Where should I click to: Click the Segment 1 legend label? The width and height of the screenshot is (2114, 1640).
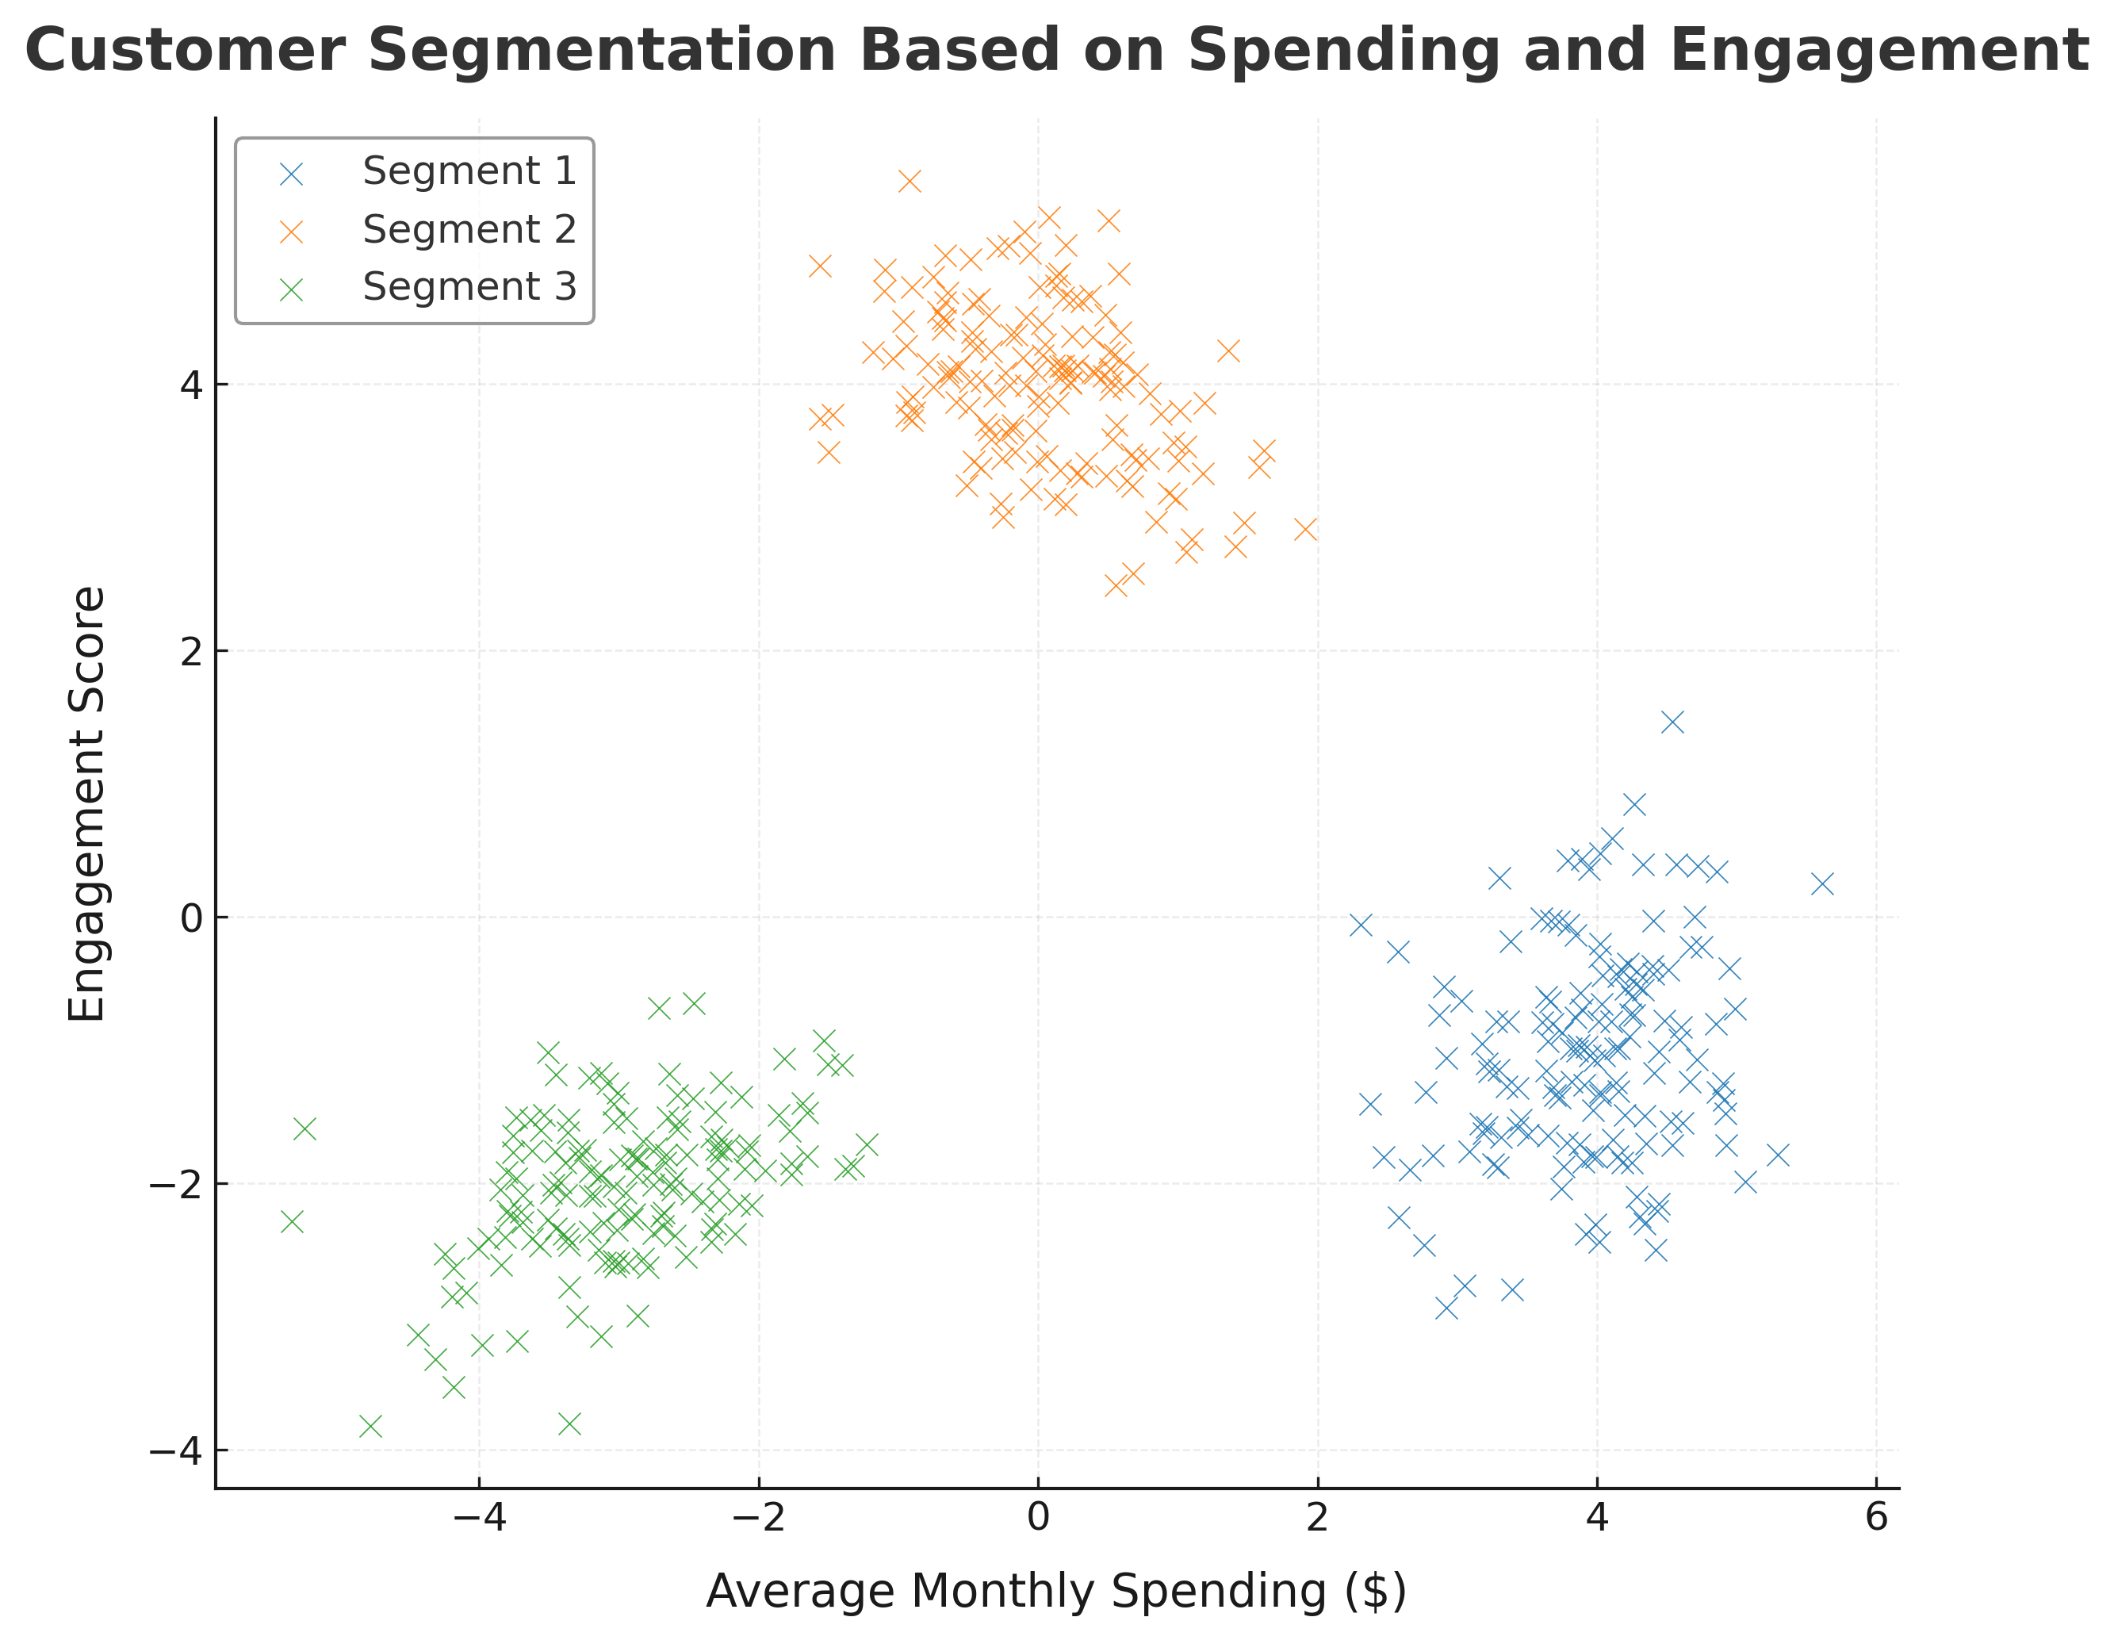(x=469, y=171)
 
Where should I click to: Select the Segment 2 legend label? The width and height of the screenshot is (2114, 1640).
(x=469, y=229)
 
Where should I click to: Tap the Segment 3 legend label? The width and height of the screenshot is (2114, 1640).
(x=469, y=286)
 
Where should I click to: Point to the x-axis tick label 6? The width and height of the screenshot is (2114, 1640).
(x=1876, y=1517)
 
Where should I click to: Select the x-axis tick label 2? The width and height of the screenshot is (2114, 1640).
(x=1317, y=1517)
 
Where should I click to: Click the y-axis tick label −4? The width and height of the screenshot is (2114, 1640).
(x=176, y=1451)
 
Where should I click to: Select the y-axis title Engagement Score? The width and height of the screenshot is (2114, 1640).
(x=87, y=803)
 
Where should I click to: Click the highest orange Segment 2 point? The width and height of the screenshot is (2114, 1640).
(x=909, y=181)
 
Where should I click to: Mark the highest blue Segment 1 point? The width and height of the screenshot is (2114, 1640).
(x=1672, y=722)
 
